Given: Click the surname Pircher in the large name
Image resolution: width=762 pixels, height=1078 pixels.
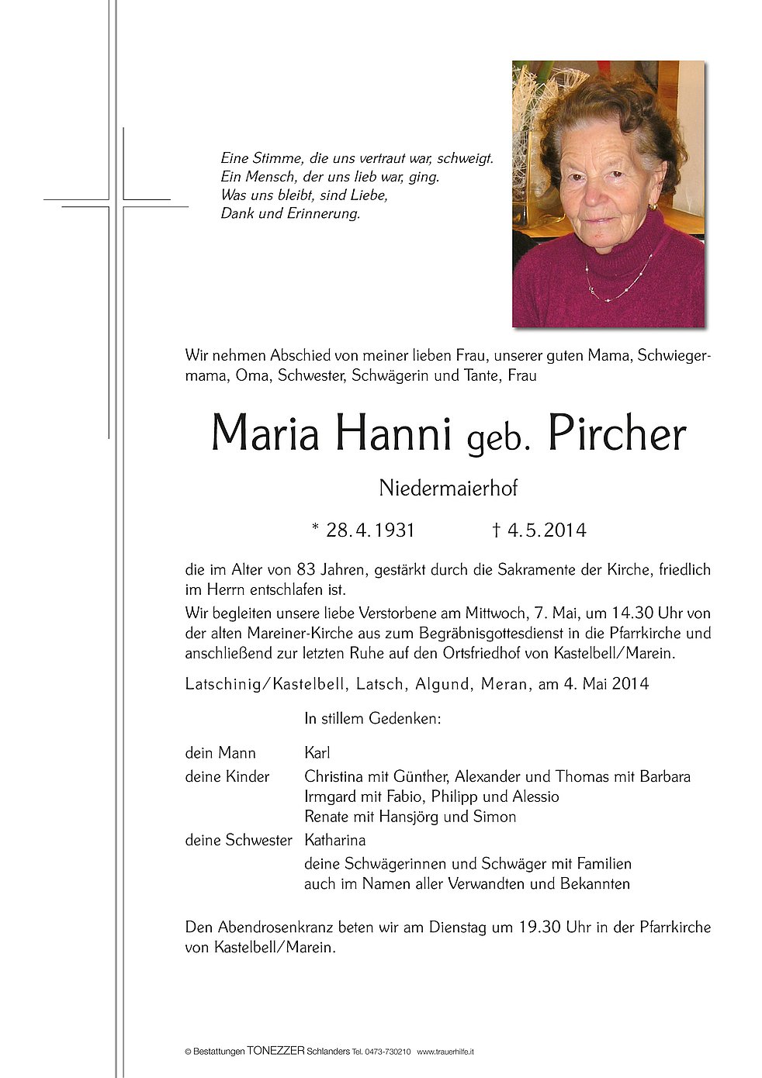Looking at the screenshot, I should click(x=617, y=435).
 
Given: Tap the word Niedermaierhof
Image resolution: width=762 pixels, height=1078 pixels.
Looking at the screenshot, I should click(x=448, y=489).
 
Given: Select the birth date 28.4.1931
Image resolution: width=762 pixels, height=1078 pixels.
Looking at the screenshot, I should click(x=370, y=530).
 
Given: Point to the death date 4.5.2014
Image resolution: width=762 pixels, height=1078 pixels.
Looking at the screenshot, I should click(x=546, y=530).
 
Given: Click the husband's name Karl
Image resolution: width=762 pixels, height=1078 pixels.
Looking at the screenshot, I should click(x=317, y=753).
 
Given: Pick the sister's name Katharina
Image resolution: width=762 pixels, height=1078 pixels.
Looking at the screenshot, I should click(x=334, y=840).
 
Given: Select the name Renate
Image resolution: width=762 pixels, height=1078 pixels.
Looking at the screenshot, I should click(x=327, y=817).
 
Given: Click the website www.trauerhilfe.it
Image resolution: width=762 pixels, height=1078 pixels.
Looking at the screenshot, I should click(x=445, y=1052).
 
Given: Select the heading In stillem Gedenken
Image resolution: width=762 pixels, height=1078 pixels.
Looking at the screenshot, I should click(x=372, y=719).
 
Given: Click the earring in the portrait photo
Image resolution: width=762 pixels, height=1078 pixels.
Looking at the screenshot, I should click(x=653, y=207).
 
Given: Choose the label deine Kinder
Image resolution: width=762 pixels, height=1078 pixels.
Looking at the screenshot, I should click(x=227, y=776).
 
